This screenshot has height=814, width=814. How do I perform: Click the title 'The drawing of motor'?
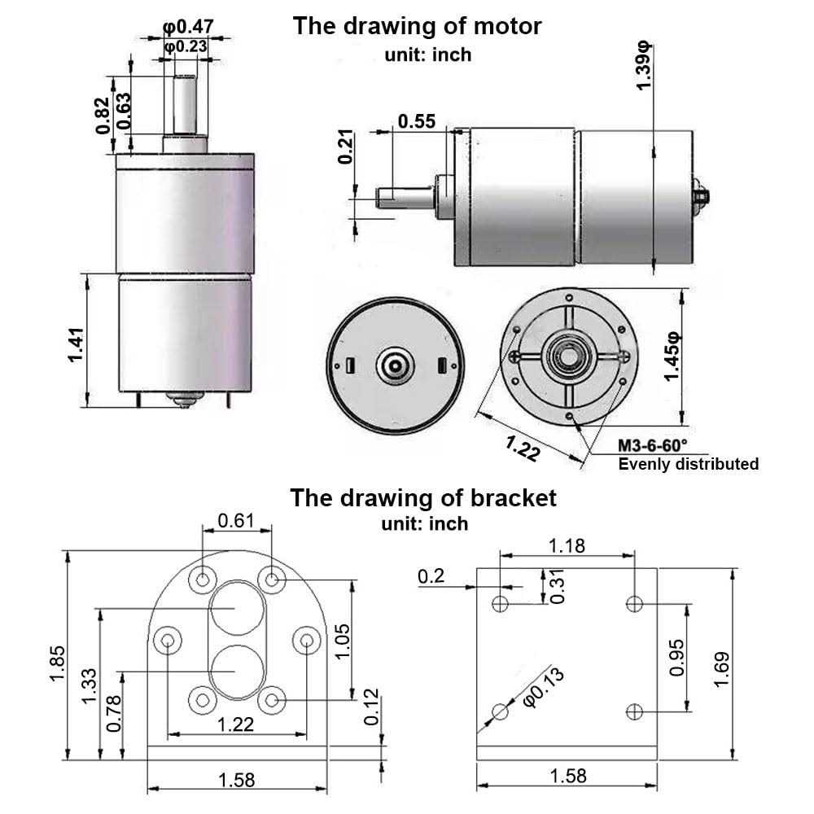click(417, 25)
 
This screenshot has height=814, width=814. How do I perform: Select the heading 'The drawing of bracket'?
click(423, 497)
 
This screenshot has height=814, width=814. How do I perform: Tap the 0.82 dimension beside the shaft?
click(103, 116)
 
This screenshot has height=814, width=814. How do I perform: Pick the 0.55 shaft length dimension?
click(417, 121)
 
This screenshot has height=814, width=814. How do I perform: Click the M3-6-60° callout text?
click(652, 445)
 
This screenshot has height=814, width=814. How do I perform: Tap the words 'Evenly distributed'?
click(689, 464)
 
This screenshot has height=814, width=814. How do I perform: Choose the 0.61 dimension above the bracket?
click(236, 521)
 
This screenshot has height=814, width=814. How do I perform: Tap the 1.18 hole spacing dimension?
click(567, 545)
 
